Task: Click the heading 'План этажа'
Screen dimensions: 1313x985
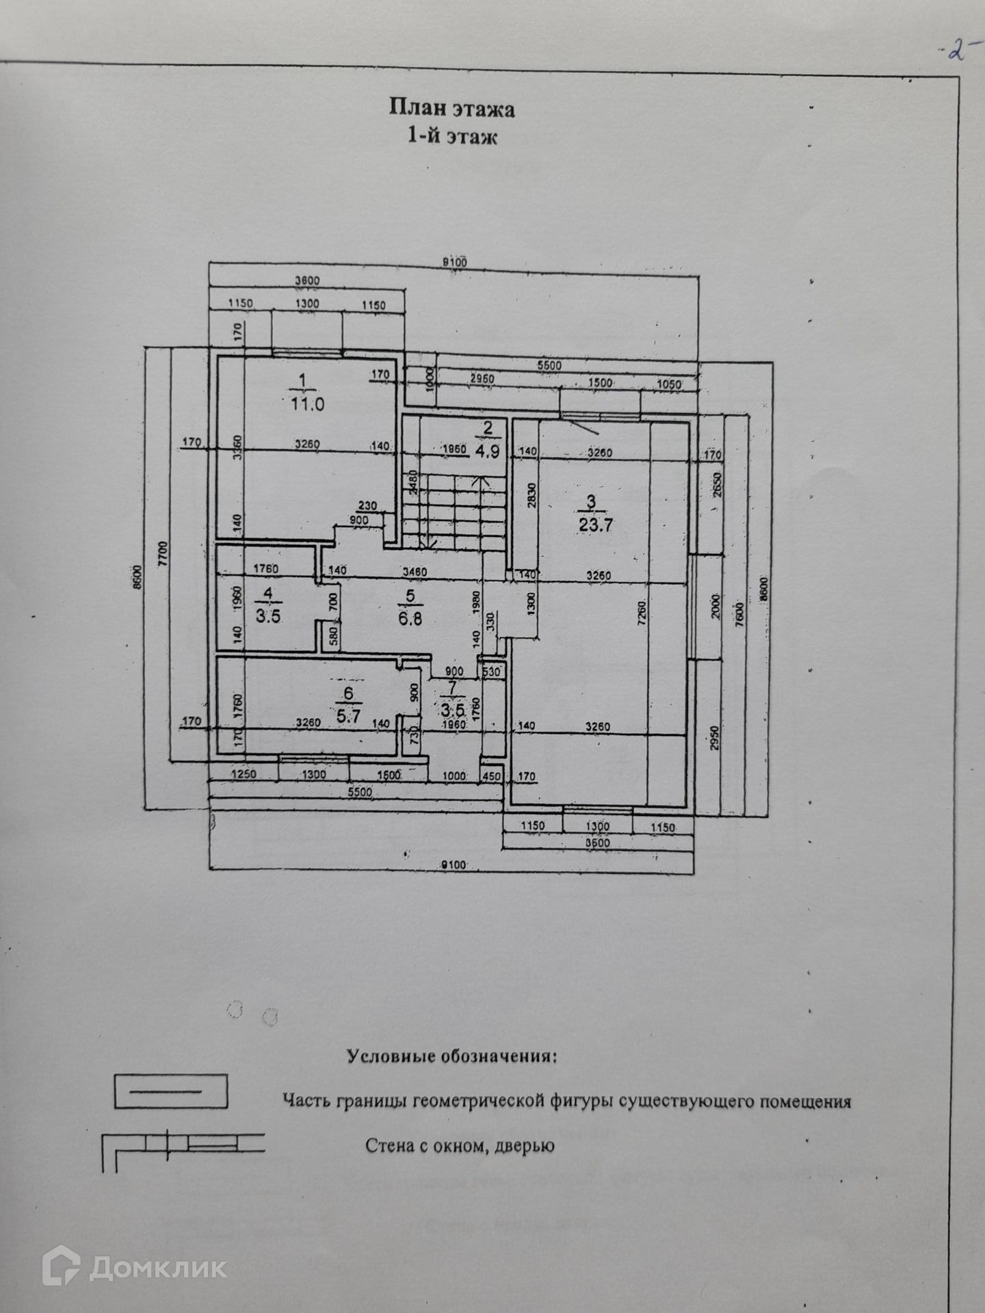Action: [x=452, y=108]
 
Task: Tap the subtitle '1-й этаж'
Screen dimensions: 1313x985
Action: [x=452, y=136]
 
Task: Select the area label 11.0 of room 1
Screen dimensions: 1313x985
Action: [x=307, y=404]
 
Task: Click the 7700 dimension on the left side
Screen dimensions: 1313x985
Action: [x=162, y=555]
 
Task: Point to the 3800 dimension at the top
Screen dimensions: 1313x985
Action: [x=306, y=280]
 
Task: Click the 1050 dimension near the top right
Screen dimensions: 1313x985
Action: [x=668, y=384]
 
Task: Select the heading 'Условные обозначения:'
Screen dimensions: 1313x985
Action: [x=452, y=1057]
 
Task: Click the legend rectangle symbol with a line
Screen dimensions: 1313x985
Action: [x=170, y=1091]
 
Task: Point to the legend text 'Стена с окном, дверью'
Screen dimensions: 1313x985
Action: [x=460, y=1145]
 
